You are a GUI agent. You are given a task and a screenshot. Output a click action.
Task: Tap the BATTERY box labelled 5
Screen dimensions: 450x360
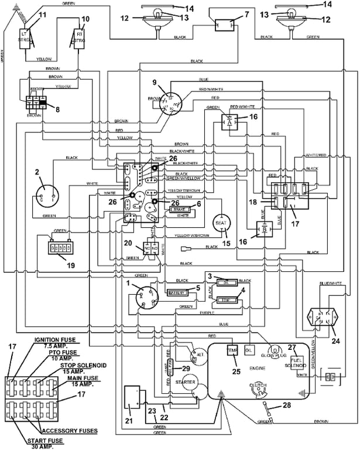pyautogui.click(x=177, y=292)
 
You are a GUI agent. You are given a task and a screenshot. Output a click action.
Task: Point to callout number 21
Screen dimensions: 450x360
pyautogui.click(x=129, y=421)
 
